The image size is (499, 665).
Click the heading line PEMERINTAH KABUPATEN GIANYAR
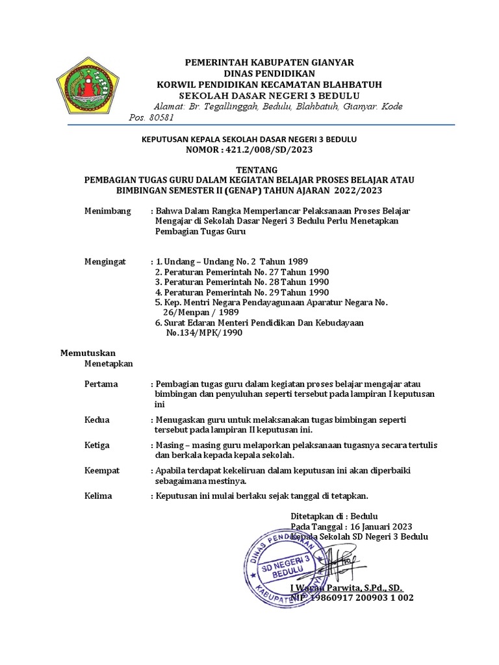tap(270, 62)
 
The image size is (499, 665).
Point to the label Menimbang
tap(108, 212)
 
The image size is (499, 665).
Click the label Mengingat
tap(107, 261)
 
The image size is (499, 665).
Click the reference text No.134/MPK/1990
tap(204, 333)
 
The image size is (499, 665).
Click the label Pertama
tap(101, 384)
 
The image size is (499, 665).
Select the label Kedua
tap(97, 420)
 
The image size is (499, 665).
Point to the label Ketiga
tap(97, 445)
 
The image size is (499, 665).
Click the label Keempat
tap(102, 470)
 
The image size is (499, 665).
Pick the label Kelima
tap(99, 496)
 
